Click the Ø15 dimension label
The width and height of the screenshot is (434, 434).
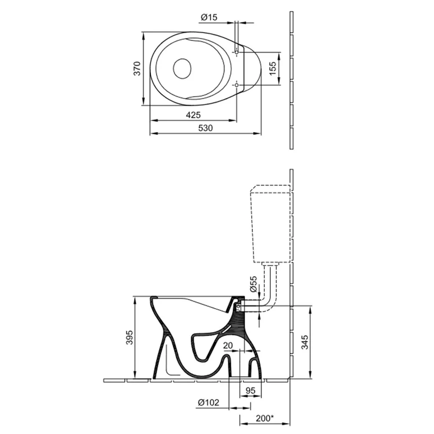209,17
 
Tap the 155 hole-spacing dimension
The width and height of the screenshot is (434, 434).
273,68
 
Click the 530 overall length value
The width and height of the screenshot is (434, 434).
205,127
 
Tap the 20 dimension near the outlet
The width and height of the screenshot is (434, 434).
228,346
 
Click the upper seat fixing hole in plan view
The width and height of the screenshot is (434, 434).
237,52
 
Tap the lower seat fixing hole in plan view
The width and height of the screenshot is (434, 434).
237,85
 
